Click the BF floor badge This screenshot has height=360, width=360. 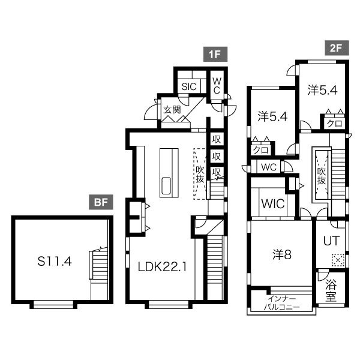[101, 202]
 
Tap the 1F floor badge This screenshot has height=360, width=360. [215, 54]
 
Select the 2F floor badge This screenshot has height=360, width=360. [337, 48]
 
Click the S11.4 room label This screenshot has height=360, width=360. [55, 261]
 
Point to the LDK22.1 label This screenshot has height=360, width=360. [163, 267]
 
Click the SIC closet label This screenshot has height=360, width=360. [189, 86]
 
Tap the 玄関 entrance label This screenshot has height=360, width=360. [172, 110]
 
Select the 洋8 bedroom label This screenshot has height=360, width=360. [282, 254]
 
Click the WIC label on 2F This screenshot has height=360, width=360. [273, 203]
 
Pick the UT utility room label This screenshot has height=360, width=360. [331, 241]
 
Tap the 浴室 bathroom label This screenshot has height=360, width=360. [331, 291]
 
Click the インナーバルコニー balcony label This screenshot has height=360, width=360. [282, 303]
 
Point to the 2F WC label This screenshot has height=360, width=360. [269, 167]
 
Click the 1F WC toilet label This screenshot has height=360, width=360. [217, 86]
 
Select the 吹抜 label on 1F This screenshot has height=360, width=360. [200, 174]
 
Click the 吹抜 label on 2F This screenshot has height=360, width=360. [322, 176]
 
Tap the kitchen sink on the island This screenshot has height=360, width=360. [166, 186]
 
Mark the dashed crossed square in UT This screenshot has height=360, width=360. [338, 260]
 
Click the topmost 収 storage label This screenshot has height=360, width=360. [217, 139]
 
